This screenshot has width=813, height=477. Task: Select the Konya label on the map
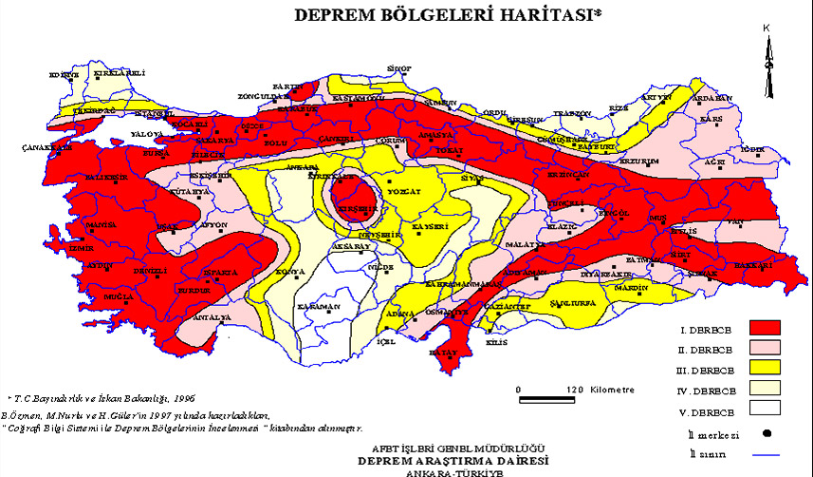(x=289, y=273)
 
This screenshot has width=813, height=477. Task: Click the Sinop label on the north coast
(x=400, y=68)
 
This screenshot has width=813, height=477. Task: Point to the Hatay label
(x=443, y=352)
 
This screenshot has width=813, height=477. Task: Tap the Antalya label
(x=214, y=316)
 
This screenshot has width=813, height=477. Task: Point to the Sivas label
(x=472, y=178)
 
